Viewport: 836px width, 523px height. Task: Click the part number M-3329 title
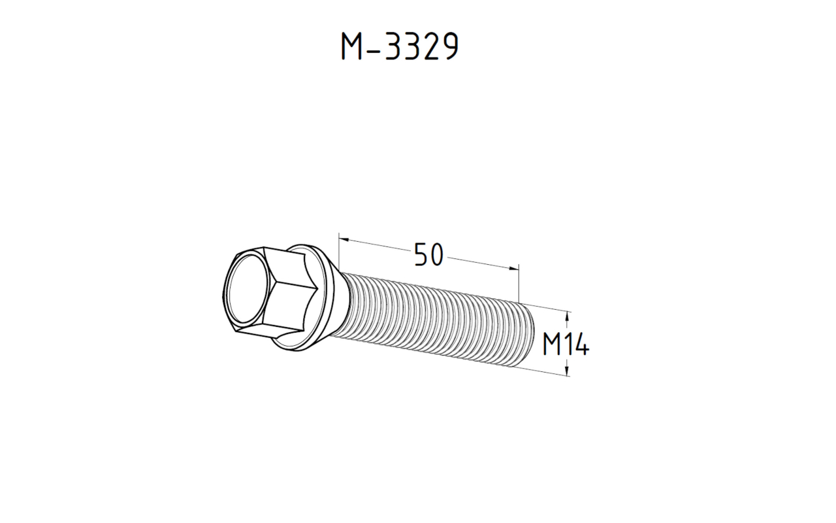399,46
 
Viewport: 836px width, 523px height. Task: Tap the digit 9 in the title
447,46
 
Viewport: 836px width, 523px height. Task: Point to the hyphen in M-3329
372,48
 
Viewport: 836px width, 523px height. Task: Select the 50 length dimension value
428,255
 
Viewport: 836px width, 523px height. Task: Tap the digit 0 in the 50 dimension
436,255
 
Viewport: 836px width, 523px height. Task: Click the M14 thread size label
566,345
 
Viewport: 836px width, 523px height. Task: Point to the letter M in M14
551,345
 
